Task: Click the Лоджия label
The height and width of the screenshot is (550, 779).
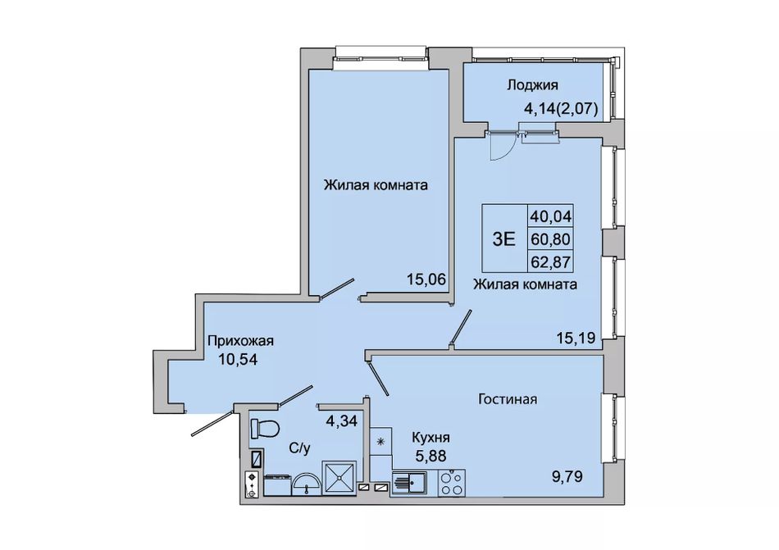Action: coord(532,85)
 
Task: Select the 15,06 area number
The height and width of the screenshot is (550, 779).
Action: coord(426,280)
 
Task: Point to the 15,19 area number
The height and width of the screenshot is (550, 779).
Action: coord(576,338)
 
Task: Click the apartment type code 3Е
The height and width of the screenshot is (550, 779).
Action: coord(503,239)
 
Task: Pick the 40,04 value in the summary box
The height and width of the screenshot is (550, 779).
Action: coord(551,216)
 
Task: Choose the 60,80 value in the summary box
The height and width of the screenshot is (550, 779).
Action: coord(551,239)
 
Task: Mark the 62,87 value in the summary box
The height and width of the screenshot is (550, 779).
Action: coord(551,261)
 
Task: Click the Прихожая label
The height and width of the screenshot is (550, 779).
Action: coord(240,342)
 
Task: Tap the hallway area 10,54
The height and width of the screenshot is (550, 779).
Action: coord(239,359)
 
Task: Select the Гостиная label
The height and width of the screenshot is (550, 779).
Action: coord(508,399)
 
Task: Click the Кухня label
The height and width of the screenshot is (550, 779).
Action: coord(430,438)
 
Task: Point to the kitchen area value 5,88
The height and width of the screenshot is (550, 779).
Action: coord(430,455)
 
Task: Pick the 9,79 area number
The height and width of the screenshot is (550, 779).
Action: coord(567,476)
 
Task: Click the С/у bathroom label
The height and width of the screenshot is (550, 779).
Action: coord(299,448)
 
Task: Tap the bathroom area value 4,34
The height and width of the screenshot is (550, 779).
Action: coord(341,421)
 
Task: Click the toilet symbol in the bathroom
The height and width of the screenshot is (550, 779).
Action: coord(265,429)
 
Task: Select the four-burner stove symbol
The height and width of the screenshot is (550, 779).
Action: coord(452,482)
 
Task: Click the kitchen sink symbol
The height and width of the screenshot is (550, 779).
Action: coord(410,483)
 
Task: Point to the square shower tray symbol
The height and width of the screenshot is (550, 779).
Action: coord(339,478)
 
